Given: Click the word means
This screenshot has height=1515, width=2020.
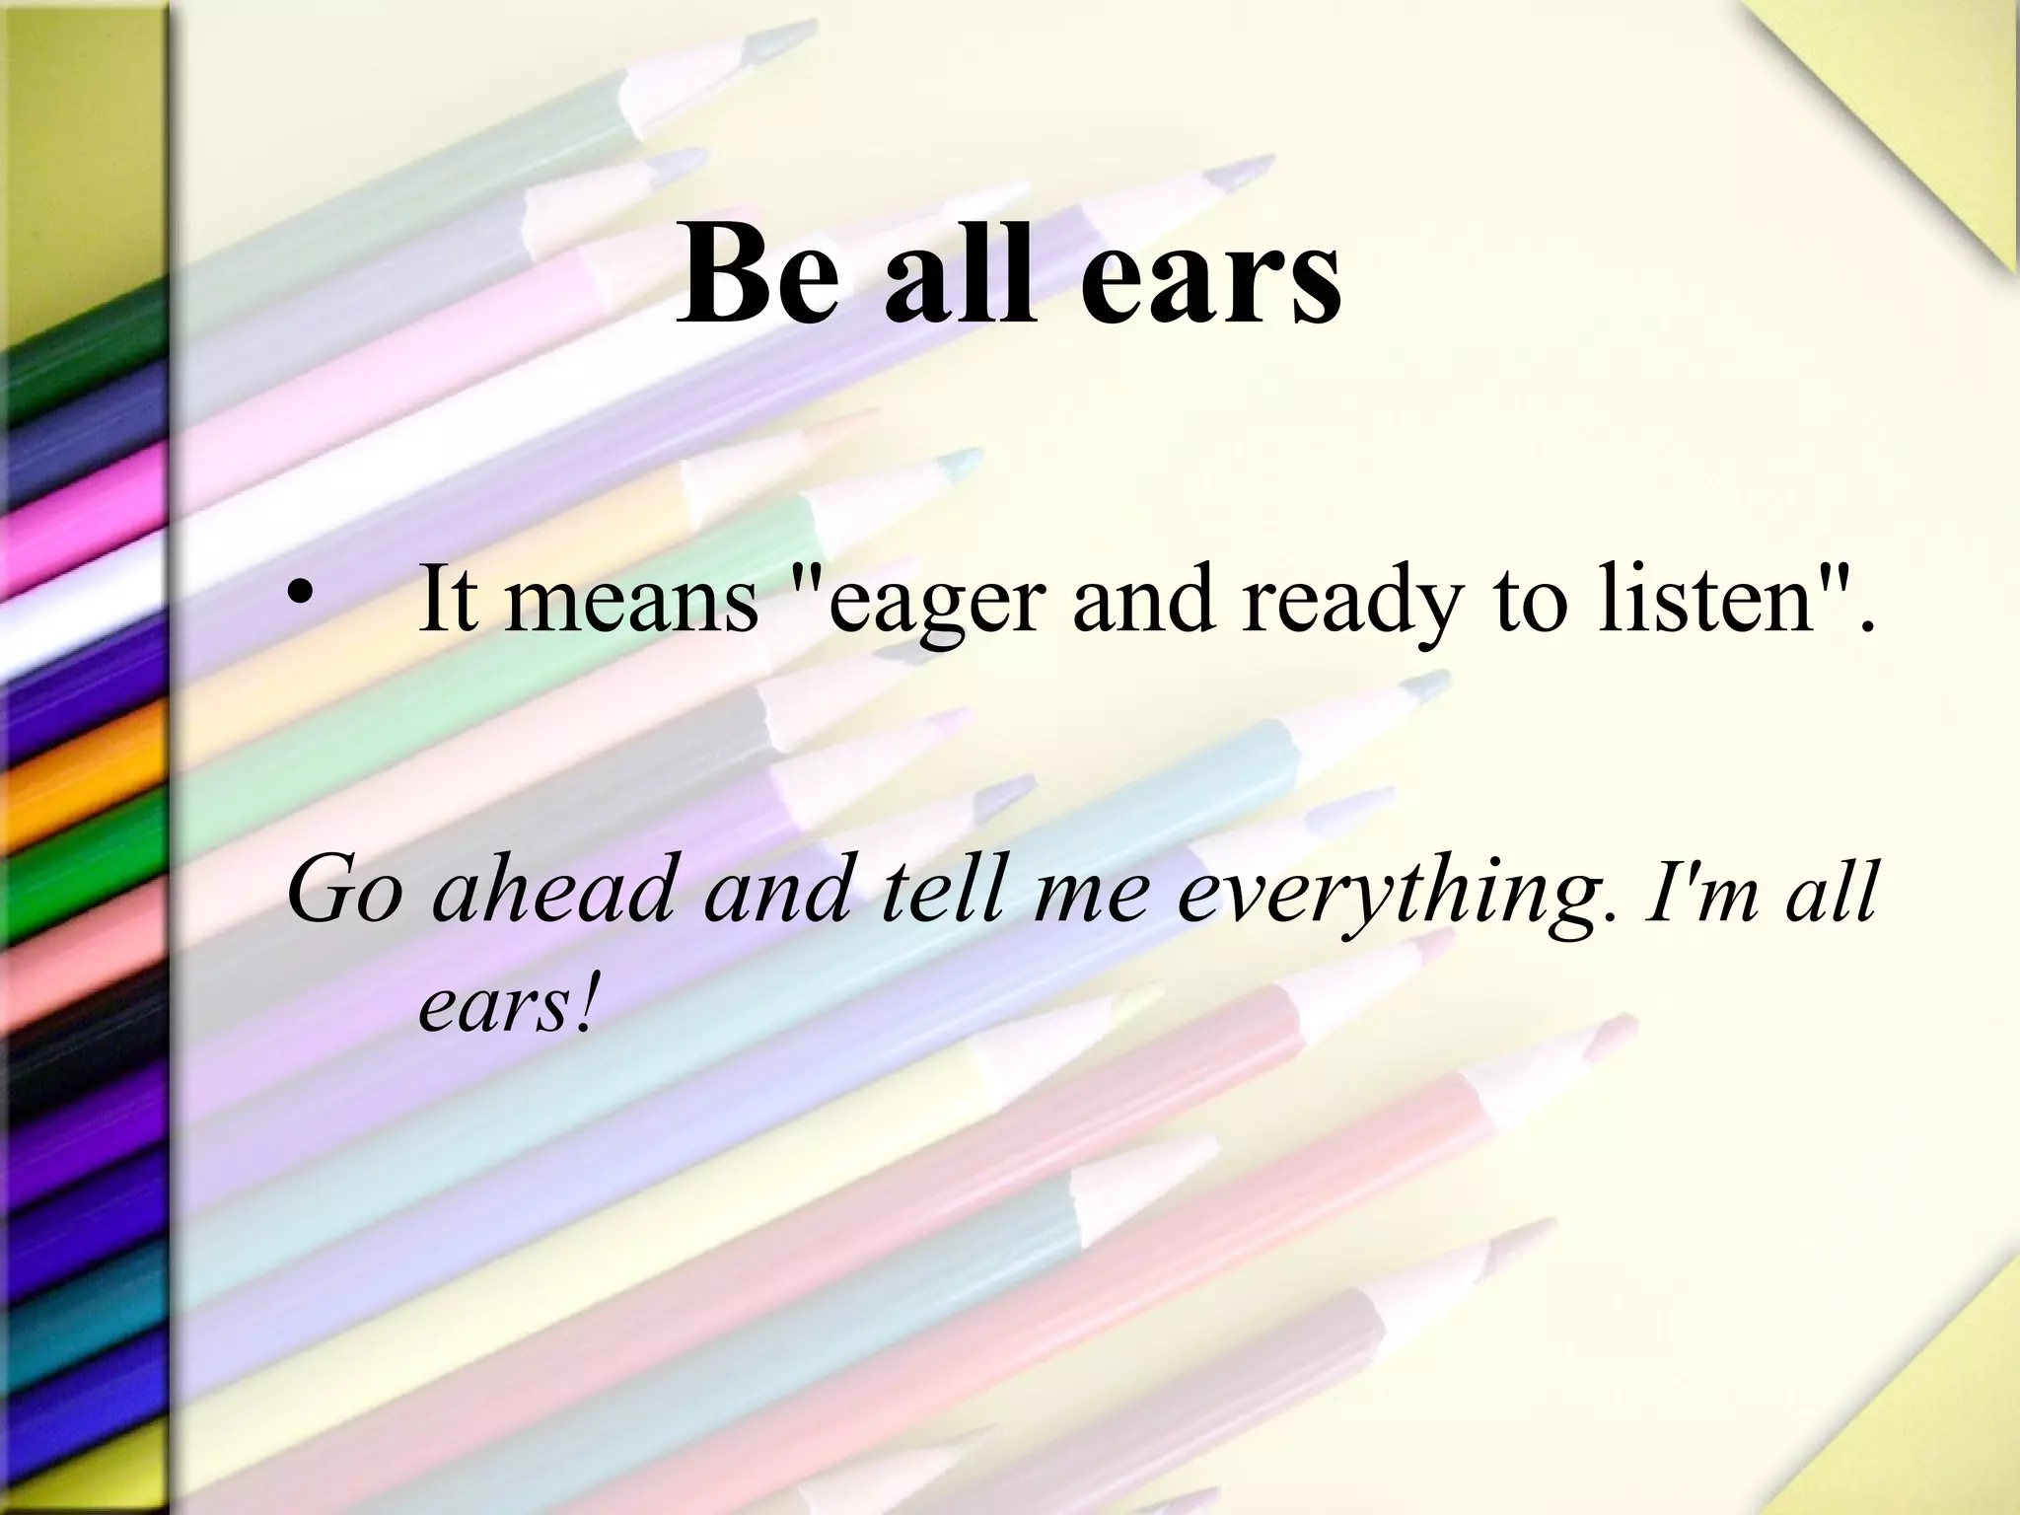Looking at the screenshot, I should point(632,602).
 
